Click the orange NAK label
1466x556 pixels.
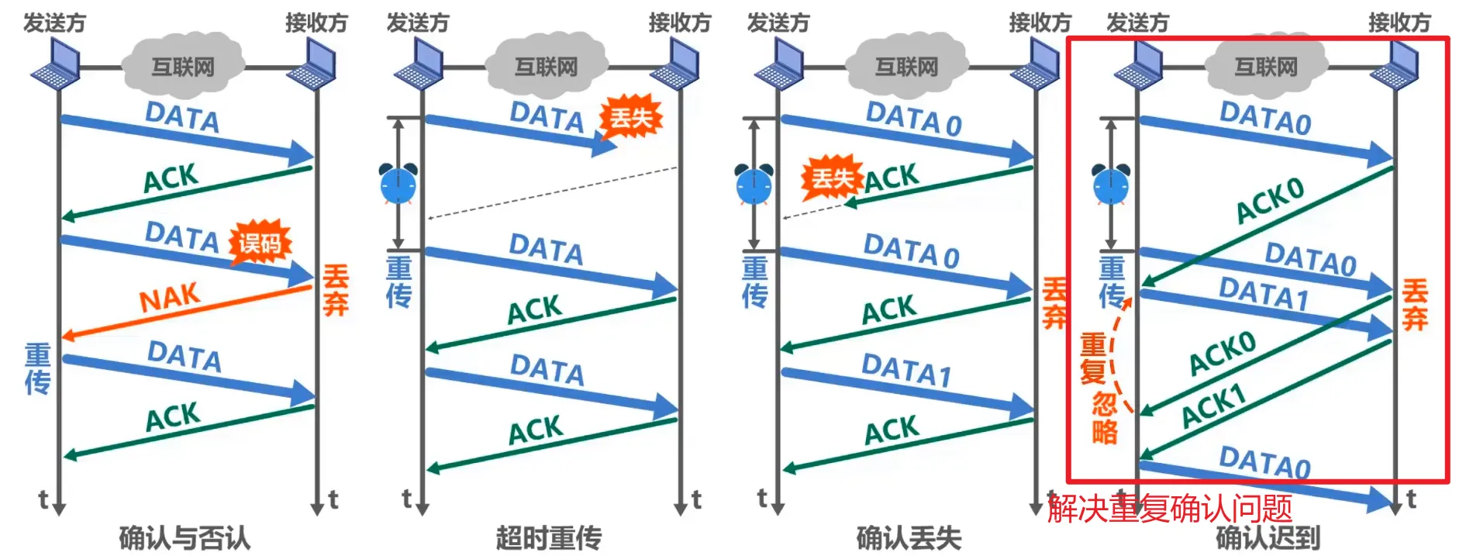point(170,297)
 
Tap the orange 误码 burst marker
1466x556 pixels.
point(260,244)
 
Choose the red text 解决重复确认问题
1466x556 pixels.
point(1170,509)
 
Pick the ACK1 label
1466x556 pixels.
point(1213,406)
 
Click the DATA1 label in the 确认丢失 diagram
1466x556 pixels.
point(906,370)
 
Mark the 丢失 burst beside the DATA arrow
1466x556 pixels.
point(630,118)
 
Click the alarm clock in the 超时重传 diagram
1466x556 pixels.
point(398,184)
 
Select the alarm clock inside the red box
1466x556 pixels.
point(1111,184)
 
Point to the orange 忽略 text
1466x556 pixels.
point(1105,417)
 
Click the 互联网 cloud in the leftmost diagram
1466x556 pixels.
point(183,65)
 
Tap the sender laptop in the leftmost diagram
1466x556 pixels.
point(56,64)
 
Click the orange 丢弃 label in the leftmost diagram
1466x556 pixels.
point(336,290)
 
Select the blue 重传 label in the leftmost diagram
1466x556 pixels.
point(37,369)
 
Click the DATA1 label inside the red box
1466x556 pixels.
point(1264,294)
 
